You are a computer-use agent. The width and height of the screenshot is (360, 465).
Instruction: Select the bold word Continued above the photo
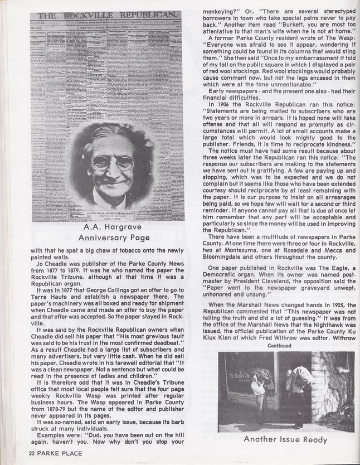[279, 345]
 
